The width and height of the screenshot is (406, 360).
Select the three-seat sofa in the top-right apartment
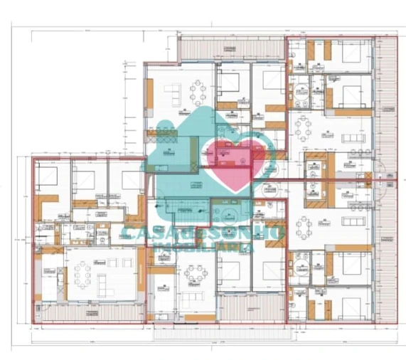[x=351, y=136]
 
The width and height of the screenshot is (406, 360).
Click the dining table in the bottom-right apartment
[x=304, y=228]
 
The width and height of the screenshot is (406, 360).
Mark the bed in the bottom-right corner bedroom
[x=351, y=307]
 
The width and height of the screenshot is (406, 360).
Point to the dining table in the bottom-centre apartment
[x=196, y=273]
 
